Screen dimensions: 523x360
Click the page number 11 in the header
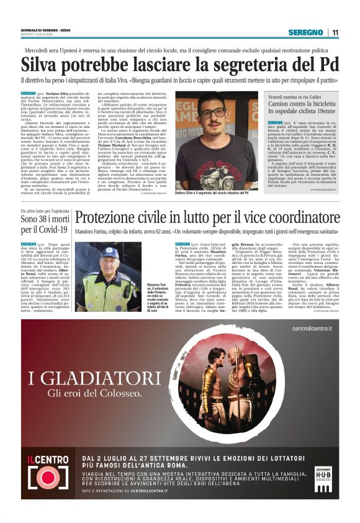[x=335, y=32]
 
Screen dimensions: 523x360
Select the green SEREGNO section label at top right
[x=305, y=32]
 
